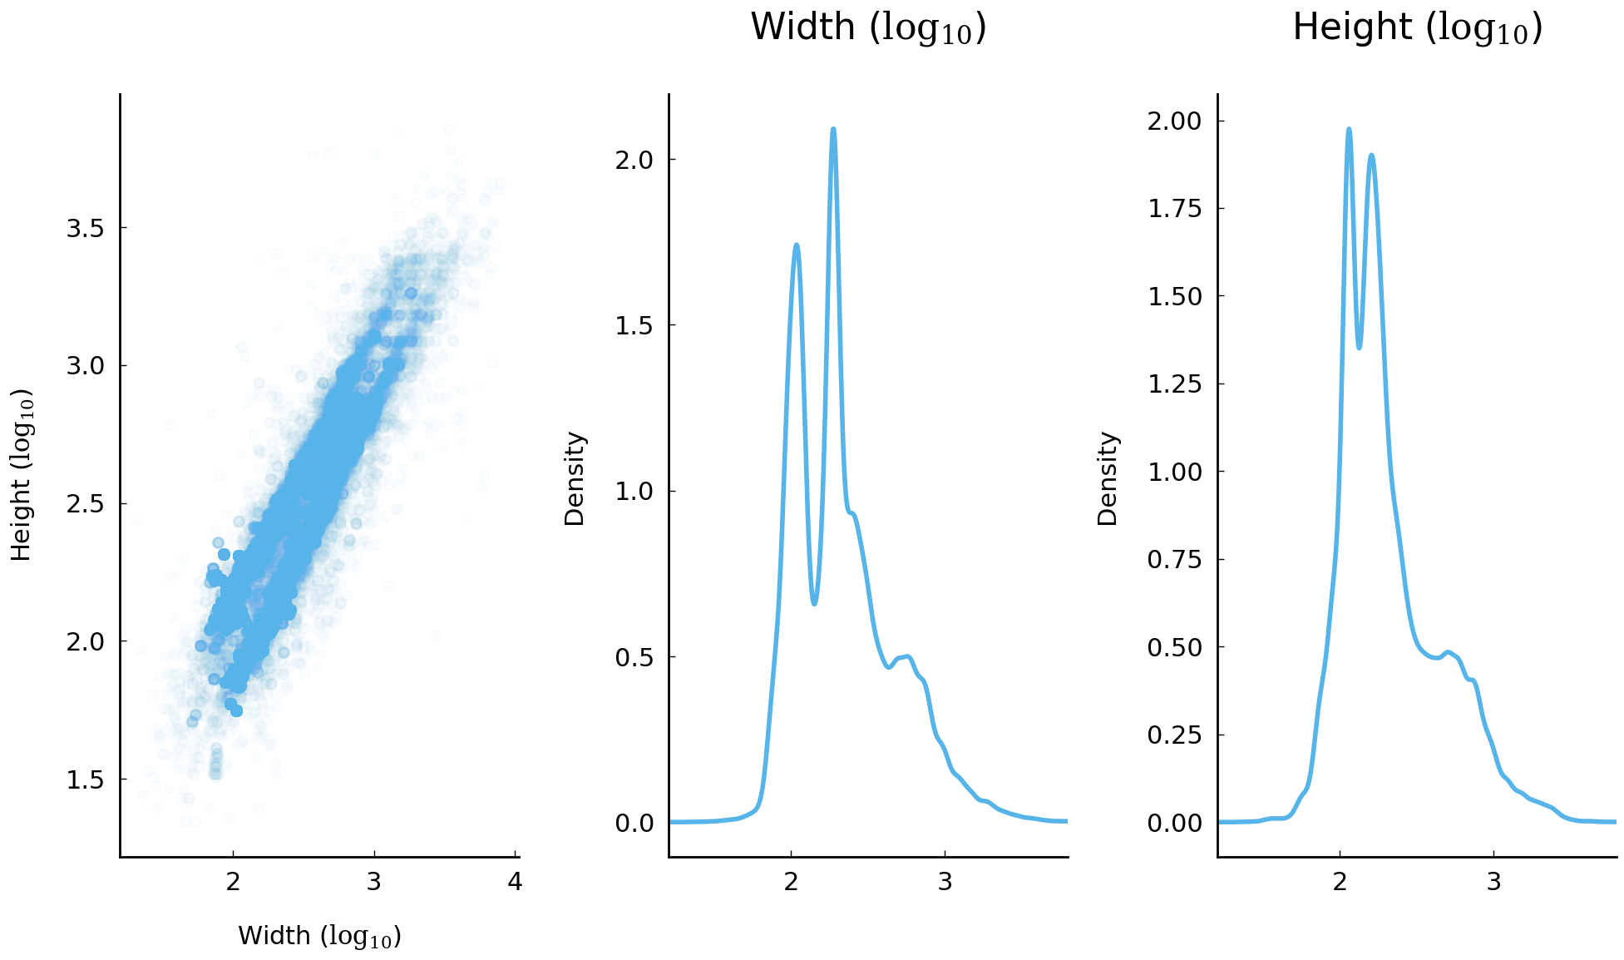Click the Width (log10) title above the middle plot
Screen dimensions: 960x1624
click(867, 28)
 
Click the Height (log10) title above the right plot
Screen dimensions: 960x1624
click(1417, 28)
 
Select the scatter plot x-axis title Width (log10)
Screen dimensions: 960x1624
click(319, 936)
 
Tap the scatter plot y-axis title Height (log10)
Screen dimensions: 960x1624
click(22, 475)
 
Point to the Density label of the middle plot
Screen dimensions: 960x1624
click(575, 478)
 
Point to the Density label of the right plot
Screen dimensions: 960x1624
click(1108, 478)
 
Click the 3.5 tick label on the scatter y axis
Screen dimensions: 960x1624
click(85, 228)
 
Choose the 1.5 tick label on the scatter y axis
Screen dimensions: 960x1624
click(85, 779)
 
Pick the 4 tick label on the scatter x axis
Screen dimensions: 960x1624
click(515, 882)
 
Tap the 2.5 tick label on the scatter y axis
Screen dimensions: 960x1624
click(85, 504)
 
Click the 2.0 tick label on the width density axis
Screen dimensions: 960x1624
click(634, 160)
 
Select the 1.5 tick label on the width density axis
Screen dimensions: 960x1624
click(634, 325)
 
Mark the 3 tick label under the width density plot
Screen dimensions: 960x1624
click(945, 882)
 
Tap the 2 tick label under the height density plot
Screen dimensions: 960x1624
click(1340, 882)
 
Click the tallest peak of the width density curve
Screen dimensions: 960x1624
click(832, 129)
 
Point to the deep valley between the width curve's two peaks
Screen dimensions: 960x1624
click(814, 603)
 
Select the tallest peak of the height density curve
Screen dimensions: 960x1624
click(1348, 129)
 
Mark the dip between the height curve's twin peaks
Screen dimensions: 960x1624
click(1359, 347)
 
